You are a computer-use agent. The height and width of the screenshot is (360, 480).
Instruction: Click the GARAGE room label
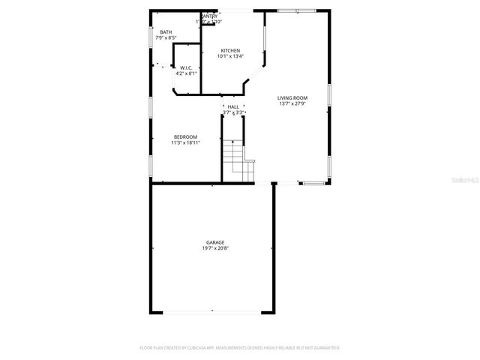pyautogui.click(x=215, y=243)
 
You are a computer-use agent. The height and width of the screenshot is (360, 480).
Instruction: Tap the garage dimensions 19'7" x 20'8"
pyautogui.click(x=215, y=249)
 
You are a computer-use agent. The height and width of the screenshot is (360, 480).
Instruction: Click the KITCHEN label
pyautogui.click(x=230, y=50)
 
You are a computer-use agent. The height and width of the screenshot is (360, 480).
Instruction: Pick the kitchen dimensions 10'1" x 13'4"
pyautogui.click(x=230, y=56)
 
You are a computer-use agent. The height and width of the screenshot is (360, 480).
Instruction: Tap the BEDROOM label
pyautogui.click(x=185, y=136)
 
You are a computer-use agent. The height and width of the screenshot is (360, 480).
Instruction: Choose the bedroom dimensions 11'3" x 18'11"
pyautogui.click(x=185, y=142)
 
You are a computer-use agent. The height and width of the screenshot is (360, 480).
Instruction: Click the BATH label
pyautogui.click(x=166, y=32)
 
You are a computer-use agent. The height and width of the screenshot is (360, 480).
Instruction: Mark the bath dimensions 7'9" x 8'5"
pyautogui.click(x=166, y=37)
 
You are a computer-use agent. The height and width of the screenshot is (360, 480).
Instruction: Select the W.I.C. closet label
pyautogui.click(x=186, y=67)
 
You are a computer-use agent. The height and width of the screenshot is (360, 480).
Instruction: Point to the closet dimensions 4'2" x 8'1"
pyautogui.click(x=186, y=73)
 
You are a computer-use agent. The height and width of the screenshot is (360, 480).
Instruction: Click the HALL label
pyautogui.click(x=233, y=107)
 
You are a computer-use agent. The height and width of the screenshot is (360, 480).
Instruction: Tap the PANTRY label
pyautogui.click(x=210, y=16)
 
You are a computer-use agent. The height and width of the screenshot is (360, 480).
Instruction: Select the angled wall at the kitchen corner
pyautogui.click(x=254, y=79)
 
